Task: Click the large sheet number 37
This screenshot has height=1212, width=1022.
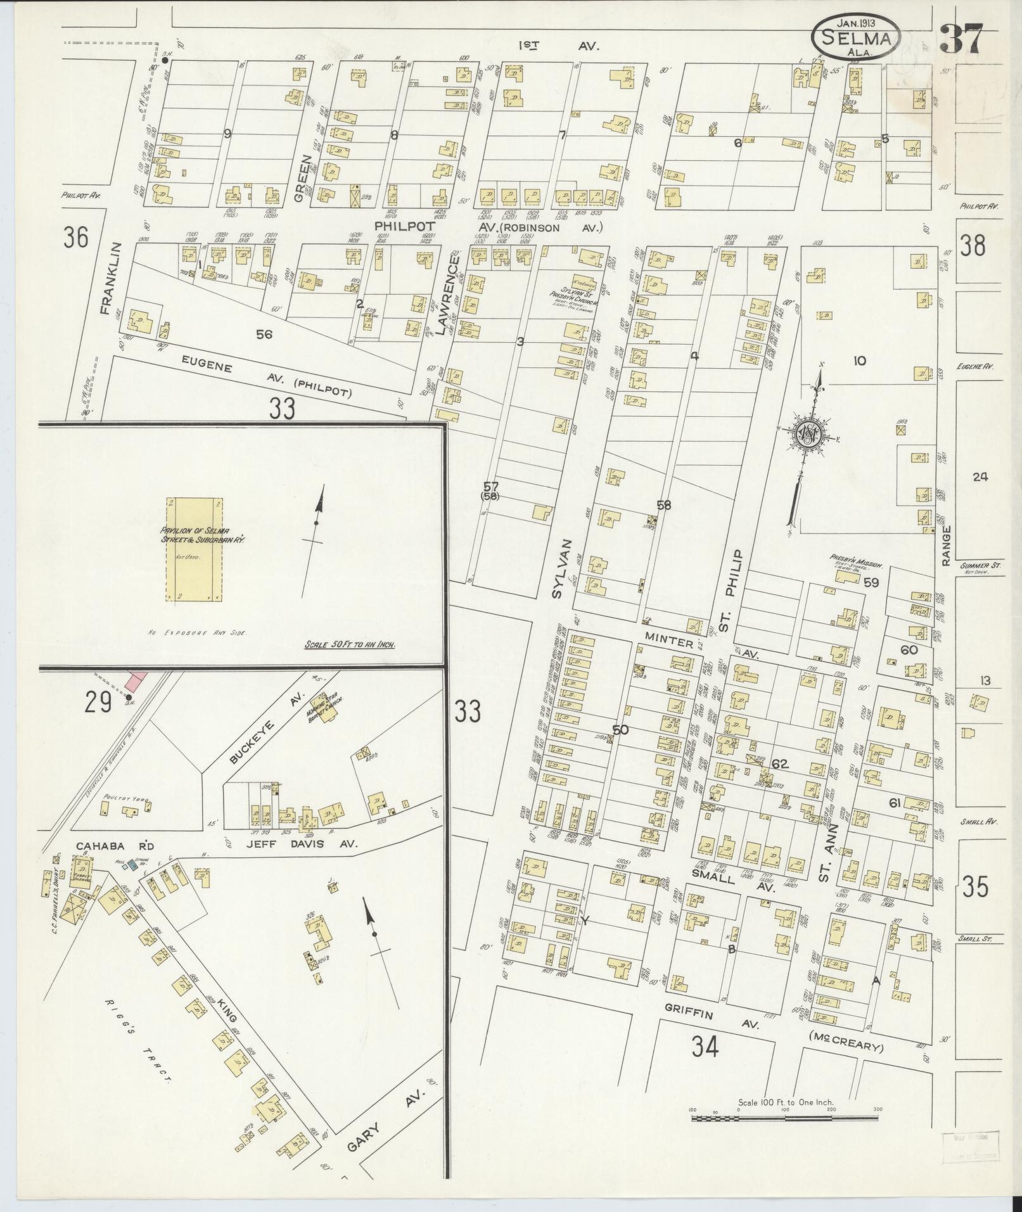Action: [x=961, y=39]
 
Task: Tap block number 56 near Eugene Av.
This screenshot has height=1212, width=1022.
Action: [x=264, y=334]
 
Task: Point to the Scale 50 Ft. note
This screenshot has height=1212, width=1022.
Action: [x=350, y=645]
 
